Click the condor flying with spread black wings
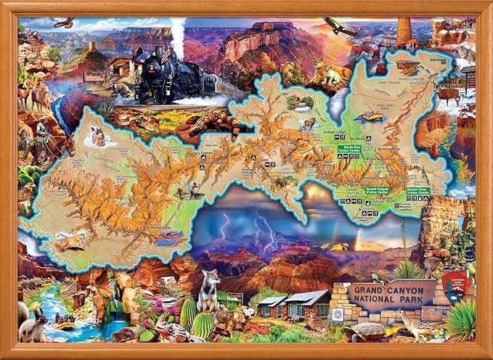pyautogui.click(x=341, y=28)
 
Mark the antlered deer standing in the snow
pyautogui.click(x=448, y=94)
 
